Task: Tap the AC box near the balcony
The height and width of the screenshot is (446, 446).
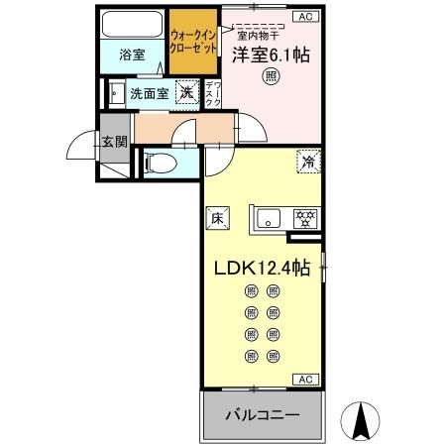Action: pos(304,379)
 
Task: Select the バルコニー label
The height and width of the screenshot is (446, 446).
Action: pos(264,414)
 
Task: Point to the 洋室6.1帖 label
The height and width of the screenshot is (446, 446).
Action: pos(271,56)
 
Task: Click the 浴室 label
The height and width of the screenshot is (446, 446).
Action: pos(133,54)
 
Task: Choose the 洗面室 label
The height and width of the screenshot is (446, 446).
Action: pos(150,94)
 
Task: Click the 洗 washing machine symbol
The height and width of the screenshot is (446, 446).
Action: pos(185,93)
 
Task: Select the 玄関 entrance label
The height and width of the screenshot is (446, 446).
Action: pos(113,141)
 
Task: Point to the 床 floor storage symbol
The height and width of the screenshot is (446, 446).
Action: pos(216,218)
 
